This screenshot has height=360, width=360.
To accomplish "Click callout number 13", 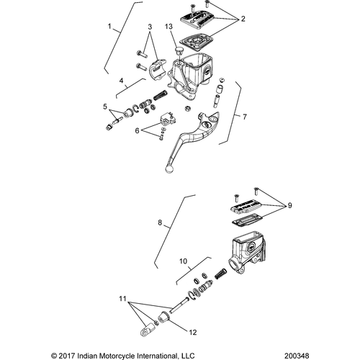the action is (x=168, y=27).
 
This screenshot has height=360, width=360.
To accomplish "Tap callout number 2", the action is (x=243, y=19).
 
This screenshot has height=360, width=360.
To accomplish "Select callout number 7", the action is (x=245, y=117).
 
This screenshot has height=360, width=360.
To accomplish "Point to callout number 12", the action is (x=193, y=333).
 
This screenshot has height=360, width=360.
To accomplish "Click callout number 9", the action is (x=289, y=205).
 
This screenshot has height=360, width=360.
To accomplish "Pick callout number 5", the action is (x=105, y=107).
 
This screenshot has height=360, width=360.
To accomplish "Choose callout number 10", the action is (x=183, y=261).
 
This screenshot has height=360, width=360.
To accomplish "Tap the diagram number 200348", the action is (x=297, y=356).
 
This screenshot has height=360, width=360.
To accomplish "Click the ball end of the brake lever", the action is (x=169, y=169).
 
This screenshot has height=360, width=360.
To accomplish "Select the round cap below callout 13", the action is (x=179, y=51).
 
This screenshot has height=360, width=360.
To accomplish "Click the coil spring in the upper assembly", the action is (x=161, y=95).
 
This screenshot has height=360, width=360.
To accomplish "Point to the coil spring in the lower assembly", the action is (x=221, y=273).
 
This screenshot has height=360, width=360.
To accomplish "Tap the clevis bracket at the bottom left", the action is (x=146, y=330).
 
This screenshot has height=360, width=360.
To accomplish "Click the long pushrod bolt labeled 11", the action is (x=179, y=305).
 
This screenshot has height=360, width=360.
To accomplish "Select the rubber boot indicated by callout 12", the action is (x=164, y=316).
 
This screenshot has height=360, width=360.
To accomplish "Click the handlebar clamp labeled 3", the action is (x=157, y=68).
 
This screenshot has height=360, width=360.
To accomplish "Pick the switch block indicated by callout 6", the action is (x=166, y=118).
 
